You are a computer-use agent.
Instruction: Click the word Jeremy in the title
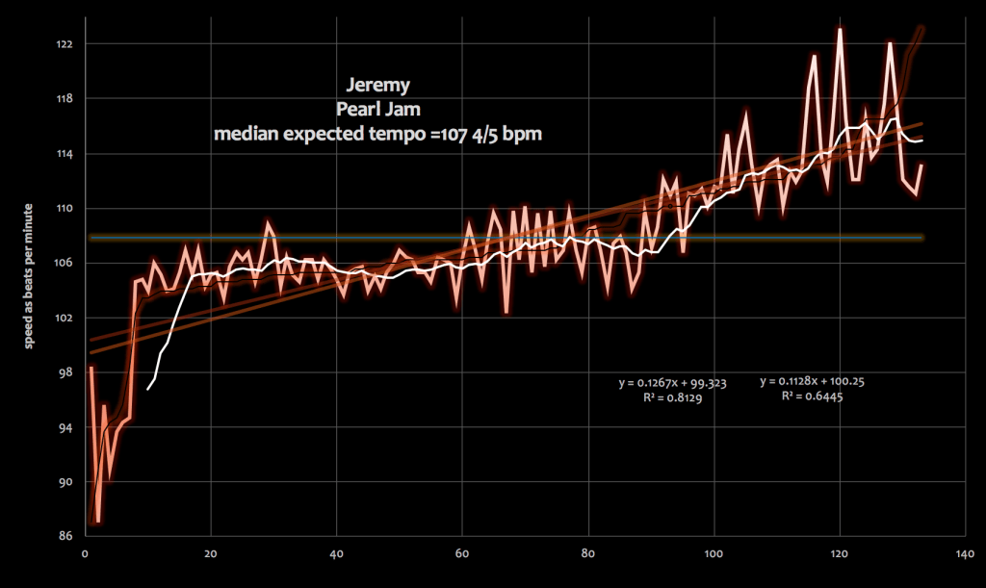click(x=377, y=85)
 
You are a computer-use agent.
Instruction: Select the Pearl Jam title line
click(x=377, y=109)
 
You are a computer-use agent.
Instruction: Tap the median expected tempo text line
click(x=377, y=134)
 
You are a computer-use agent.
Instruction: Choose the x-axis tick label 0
click(x=86, y=553)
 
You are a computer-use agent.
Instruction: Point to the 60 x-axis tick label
click(x=462, y=553)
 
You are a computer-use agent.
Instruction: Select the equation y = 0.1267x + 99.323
click(x=672, y=383)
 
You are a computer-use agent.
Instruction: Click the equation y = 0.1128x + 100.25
click(x=812, y=381)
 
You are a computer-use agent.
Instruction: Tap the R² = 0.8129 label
click(x=672, y=397)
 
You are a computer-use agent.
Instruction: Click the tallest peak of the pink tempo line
click(x=840, y=29)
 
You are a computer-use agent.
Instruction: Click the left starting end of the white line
click(x=148, y=389)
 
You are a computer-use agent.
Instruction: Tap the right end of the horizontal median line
click(x=922, y=237)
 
